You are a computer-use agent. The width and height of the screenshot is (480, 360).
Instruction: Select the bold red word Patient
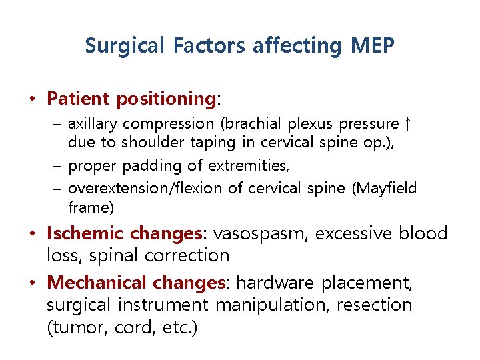[78, 99]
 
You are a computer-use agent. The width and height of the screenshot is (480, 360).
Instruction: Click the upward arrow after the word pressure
[408, 123]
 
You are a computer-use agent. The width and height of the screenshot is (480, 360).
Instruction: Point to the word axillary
[93, 124]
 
